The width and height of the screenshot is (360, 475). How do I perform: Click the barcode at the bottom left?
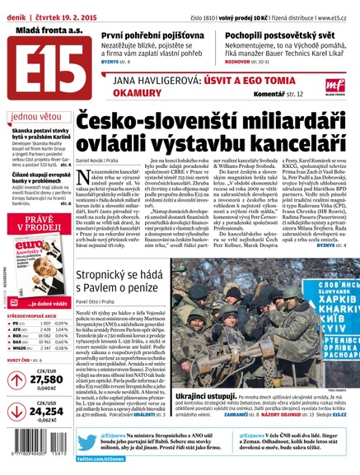(x=37, y=464)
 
